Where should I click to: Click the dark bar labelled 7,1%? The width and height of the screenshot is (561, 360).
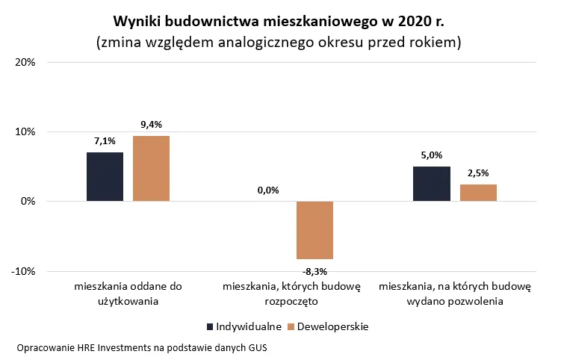click(105, 176)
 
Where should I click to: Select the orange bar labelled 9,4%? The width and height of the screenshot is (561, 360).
click(151, 168)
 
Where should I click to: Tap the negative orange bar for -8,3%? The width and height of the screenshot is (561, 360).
click(314, 230)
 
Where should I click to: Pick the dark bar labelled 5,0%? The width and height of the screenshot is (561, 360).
click(432, 184)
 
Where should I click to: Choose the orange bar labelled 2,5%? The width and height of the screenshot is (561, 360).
click(478, 193)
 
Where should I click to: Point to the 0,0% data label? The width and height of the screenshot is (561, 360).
click(268, 190)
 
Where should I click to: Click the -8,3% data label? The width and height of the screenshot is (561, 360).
click(314, 270)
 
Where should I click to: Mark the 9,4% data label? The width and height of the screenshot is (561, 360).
click(151, 124)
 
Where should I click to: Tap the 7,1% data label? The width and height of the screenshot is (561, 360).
click(105, 140)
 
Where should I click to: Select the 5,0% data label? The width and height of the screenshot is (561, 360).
click(432, 155)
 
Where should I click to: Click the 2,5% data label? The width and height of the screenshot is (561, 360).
click(478, 173)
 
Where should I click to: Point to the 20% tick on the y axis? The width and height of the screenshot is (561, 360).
click(25, 63)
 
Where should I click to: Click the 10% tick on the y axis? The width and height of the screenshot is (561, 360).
click(25, 132)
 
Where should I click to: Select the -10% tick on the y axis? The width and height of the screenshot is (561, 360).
click(24, 271)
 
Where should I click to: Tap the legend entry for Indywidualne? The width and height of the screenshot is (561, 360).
click(244, 326)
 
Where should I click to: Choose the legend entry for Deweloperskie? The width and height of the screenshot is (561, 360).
click(332, 326)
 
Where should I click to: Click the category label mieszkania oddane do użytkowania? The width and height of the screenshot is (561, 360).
click(128, 294)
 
